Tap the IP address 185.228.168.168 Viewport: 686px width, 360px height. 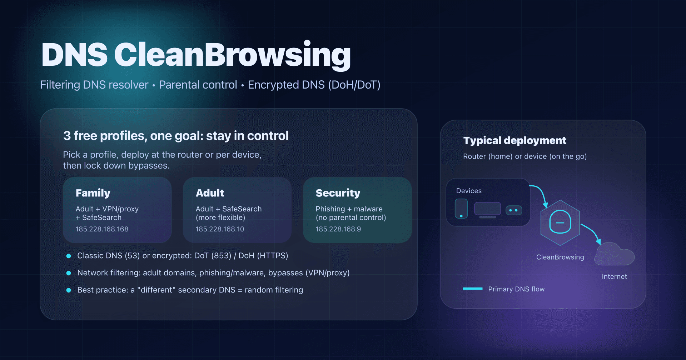coord(102,229)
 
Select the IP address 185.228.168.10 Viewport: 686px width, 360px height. coord(220,229)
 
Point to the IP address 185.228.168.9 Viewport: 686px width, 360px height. coord(338,229)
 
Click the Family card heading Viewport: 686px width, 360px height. coord(93,193)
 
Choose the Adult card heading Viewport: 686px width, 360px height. coord(210,193)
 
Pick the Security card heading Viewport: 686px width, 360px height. coord(338,193)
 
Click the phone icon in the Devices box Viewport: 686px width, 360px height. coord(461,209)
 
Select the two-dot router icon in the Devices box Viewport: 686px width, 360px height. coord(514,210)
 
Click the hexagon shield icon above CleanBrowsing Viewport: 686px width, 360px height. coord(560,222)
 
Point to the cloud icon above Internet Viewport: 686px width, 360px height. coord(614,255)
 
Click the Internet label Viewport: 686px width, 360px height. coord(614,276)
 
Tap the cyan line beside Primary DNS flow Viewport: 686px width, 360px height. coord(473,289)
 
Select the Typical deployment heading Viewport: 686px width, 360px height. coord(514,140)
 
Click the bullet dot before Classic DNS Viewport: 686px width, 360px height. coord(69,256)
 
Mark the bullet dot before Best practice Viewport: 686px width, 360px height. coord(69,290)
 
